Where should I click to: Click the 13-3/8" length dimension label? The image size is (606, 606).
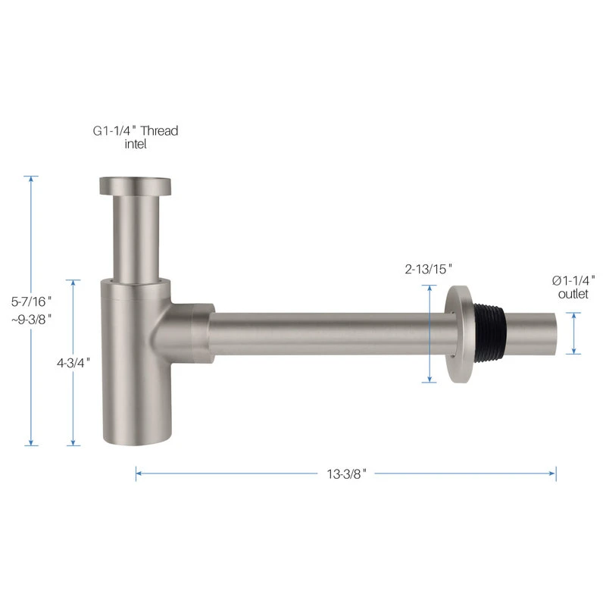pos(346,473)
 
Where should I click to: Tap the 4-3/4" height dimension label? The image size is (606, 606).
pos(73,363)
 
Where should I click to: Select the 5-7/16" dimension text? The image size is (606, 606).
pos(31,301)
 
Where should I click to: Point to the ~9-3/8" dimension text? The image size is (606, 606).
pos(31,319)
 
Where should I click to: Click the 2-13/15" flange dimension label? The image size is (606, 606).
pos(428,269)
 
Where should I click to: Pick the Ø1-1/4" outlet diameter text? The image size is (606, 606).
pos(573,280)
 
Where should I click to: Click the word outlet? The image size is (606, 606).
pos(573,294)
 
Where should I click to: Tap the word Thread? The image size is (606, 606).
pos(159,130)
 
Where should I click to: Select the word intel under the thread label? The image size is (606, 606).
pos(136,144)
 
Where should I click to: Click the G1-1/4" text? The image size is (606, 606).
pos(114,130)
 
